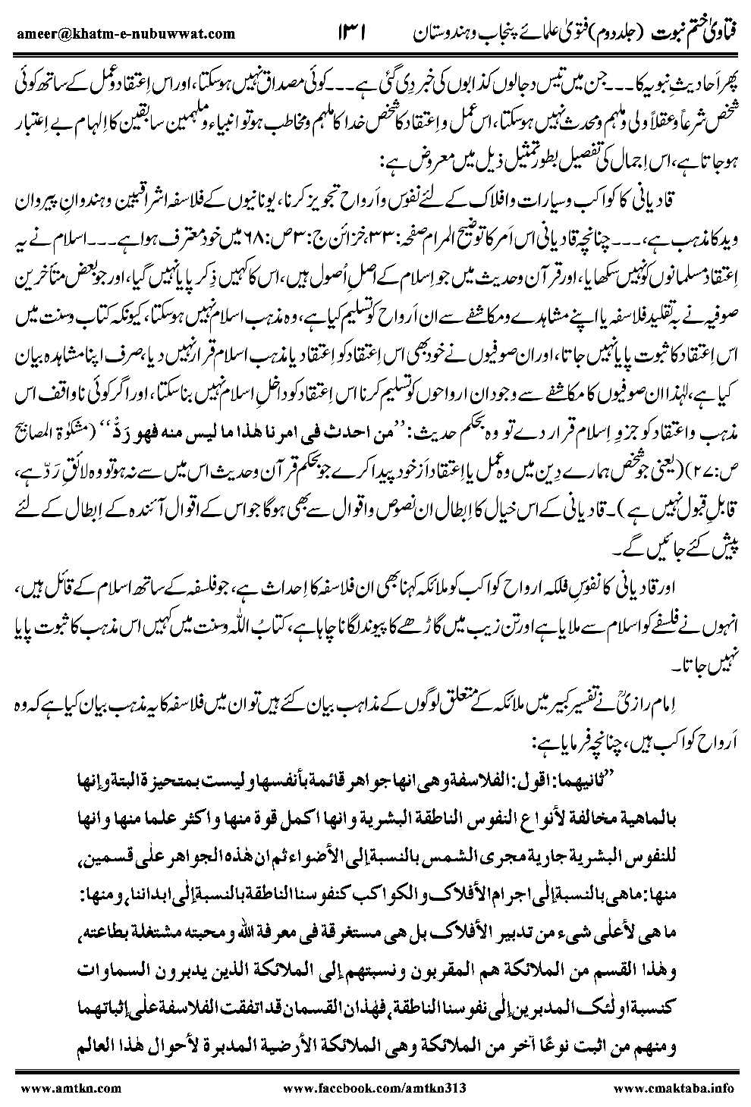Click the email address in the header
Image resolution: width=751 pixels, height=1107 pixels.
124,33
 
